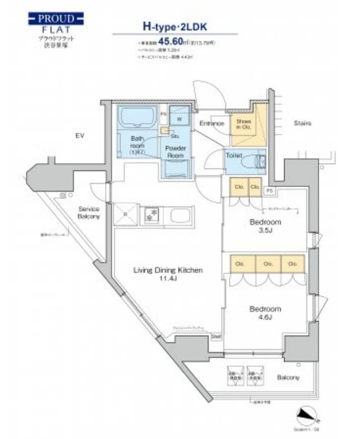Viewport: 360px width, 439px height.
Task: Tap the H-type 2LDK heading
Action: click(175, 26)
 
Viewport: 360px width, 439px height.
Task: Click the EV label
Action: click(79, 135)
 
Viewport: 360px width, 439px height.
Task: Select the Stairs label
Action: click(301, 123)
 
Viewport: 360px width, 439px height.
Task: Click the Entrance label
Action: click(211, 123)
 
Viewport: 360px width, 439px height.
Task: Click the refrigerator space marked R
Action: click(124, 213)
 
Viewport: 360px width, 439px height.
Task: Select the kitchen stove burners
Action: click(151, 213)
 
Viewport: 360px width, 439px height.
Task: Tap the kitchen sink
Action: click(180, 214)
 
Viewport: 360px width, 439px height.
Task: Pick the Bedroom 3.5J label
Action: click(265, 226)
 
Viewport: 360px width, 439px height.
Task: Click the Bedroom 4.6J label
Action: click(265, 313)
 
